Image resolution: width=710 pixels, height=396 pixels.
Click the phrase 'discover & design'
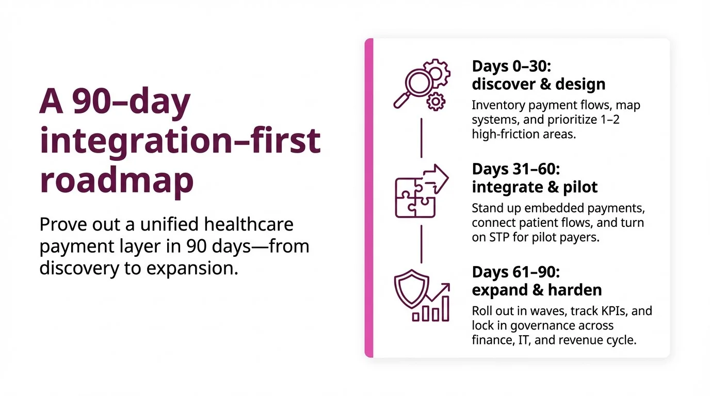539,84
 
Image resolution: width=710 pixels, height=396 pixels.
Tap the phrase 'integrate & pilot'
535,187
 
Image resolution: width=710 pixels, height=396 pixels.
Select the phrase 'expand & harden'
537,290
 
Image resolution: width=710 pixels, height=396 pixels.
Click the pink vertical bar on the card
368,198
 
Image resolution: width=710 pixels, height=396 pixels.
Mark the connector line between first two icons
422,138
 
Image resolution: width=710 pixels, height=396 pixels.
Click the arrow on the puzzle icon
437,178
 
